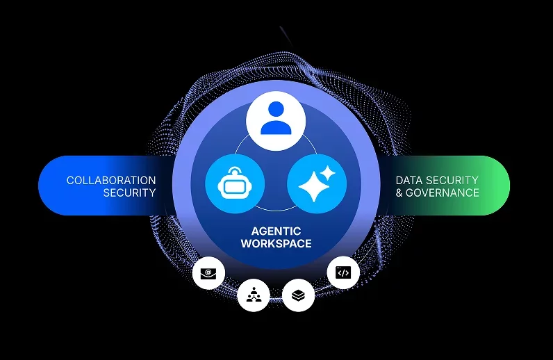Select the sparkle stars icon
(x=317, y=184)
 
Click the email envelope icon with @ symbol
(x=208, y=273)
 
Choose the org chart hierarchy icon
(x=253, y=296)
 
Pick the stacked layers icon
(x=298, y=296)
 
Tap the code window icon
(x=342, y=273)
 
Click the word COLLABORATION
(x=111, y=180)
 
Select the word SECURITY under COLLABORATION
(x=129, y=193)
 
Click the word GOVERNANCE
(x=443, y=193)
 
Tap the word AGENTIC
(x=276, y=230)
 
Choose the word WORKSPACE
(x=276, y=243)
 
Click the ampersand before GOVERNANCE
(x=399, y=193)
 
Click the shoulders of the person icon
(x=276, y=128)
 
